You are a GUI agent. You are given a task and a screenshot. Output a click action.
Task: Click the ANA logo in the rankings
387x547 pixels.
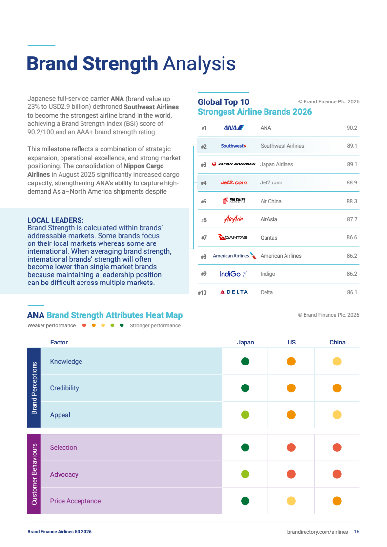pos(233,128)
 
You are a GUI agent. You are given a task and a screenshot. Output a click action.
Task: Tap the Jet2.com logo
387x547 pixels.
pos(233,182)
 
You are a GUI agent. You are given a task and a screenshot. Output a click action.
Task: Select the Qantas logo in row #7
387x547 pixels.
pos(233,237)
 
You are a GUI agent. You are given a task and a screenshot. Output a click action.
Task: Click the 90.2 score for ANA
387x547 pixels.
pos(352,128)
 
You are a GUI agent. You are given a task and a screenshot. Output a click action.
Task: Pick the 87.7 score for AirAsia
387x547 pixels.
pos(352,219)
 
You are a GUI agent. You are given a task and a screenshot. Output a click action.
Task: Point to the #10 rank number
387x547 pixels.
pos(202,293)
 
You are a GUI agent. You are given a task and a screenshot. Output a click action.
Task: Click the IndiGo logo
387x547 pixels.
pos(233,274)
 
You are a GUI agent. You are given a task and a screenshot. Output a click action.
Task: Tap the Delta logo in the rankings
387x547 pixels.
pos(234,292)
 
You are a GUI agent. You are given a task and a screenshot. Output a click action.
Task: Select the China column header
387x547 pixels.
pos(337,342)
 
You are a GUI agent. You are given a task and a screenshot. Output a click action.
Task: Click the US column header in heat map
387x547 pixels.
pos(291,342)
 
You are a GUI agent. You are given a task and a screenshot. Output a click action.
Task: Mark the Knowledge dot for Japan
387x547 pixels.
pos(245,362)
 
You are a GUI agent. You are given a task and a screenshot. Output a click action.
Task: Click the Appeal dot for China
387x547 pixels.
pos(337,415)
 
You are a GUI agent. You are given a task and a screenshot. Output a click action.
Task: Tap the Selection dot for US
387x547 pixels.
pos(291,447)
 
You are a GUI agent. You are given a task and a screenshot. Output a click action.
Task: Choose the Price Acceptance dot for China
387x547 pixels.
pos(337,501)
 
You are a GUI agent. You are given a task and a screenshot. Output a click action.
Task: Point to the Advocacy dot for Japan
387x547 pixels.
pos(245,474)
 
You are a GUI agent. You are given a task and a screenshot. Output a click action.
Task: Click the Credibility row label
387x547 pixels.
pos(64,388)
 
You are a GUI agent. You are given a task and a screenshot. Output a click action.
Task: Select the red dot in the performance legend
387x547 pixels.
pos(84,325)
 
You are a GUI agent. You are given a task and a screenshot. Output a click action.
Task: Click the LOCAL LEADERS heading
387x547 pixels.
pos(56,220)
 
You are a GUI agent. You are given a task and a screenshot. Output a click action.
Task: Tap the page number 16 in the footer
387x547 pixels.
pos(357,532)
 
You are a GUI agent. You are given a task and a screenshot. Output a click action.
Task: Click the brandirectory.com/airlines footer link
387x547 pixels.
pos(318,532)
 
